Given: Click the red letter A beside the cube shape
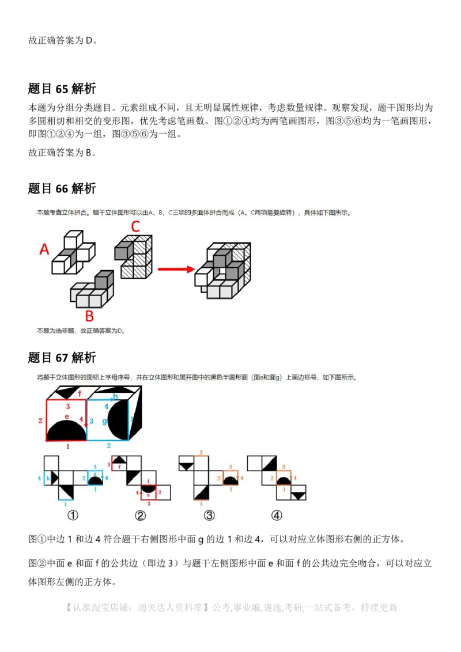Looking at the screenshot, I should (44, 249).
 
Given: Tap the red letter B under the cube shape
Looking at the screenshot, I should (89, 316).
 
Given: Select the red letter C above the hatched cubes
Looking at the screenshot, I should (135, 226).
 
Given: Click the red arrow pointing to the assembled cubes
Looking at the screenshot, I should (176, 269).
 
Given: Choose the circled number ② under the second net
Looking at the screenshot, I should (140, 515).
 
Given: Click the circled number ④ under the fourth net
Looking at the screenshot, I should (277, 515).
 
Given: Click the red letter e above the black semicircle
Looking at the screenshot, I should (67, 416).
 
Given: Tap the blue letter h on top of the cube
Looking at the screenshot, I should (115, 397).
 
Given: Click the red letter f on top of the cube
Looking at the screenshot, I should (80, 395).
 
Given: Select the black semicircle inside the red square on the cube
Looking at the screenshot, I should (66, 431).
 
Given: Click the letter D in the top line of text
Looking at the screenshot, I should (89, 41).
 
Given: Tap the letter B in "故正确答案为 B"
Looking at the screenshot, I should (89, 153).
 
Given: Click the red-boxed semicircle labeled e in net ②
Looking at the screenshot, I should (149, 490).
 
